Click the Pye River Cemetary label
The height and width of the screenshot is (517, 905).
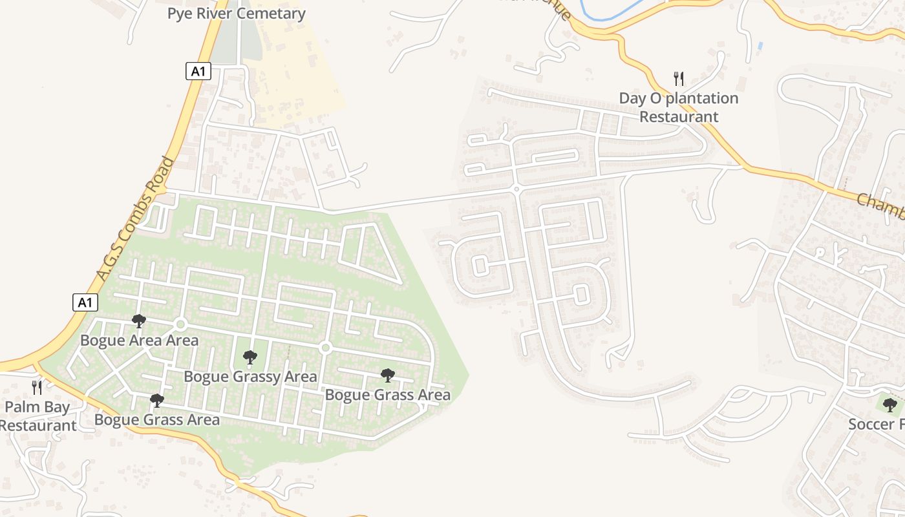pos(236,14)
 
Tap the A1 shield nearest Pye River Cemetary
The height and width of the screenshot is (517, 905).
pos(198,71)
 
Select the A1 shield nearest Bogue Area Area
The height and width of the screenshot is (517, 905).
pos(85,302)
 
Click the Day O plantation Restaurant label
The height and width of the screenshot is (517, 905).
pos(679,107)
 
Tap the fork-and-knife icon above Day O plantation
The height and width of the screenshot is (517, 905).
pos(679,79)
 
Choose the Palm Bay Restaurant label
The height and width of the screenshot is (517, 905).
pos(37,416)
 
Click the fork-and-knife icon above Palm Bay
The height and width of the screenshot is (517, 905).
pos(37,387)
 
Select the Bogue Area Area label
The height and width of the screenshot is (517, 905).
pos(139,340)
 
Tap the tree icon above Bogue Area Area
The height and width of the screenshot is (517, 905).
pos(138,321)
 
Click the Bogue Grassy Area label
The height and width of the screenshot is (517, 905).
pos(250,376)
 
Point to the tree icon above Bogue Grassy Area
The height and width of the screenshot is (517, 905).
pos(250,357)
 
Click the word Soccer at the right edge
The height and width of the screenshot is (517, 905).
pos(870,425)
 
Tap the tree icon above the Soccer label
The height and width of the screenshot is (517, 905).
pos(890,405)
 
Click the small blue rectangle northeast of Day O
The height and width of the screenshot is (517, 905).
pos(760,47)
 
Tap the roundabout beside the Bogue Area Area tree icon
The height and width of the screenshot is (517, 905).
pos(180,324)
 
